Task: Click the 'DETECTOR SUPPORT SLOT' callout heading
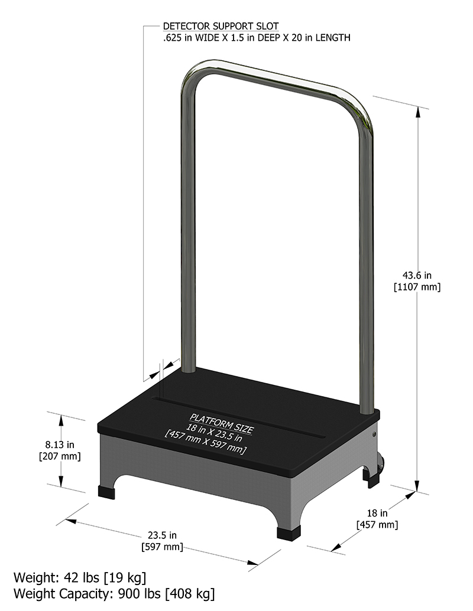tap(221, 27)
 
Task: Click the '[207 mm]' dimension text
tap(59, 456)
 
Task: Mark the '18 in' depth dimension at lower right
tap(376, 512)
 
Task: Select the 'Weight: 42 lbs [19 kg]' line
tap(80, 577)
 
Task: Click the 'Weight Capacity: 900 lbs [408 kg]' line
tap(114, 593)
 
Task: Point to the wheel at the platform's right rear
tap(378, 465)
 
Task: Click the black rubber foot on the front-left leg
tap(107, 491)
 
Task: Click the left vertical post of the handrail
tap(188, 236)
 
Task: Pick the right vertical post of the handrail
tap(367, 266)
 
